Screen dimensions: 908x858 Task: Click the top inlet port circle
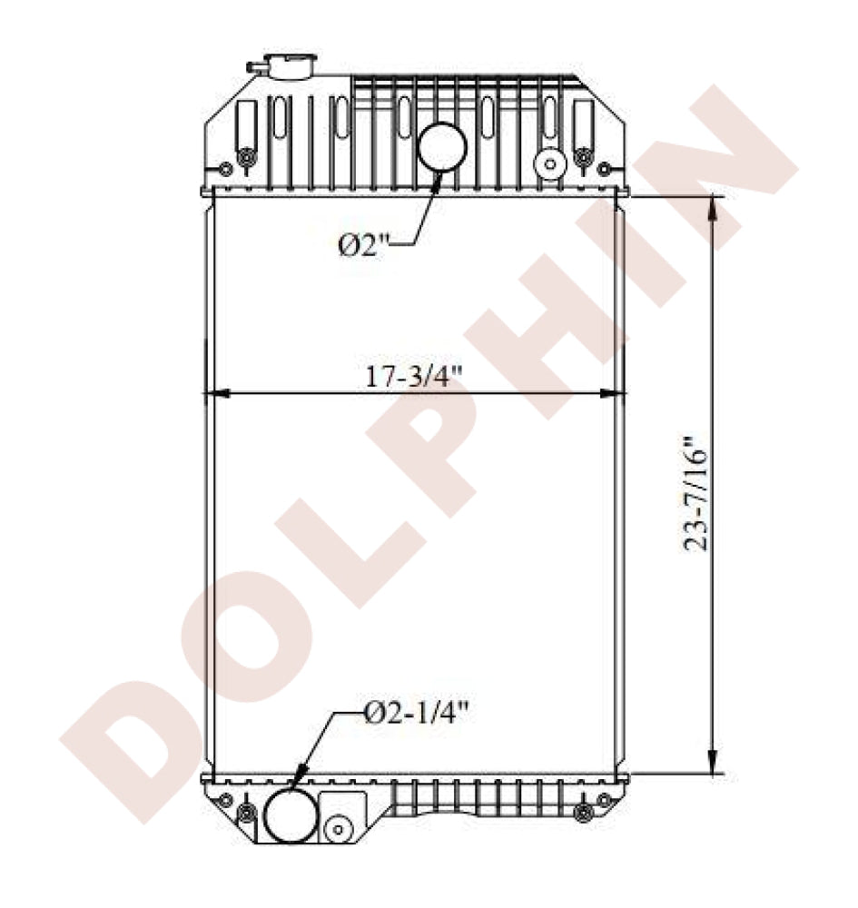point(442,145)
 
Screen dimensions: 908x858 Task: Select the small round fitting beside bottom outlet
point(339,828)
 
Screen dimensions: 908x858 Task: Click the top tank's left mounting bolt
point(243,160)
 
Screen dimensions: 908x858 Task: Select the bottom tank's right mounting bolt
point(583,809)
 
